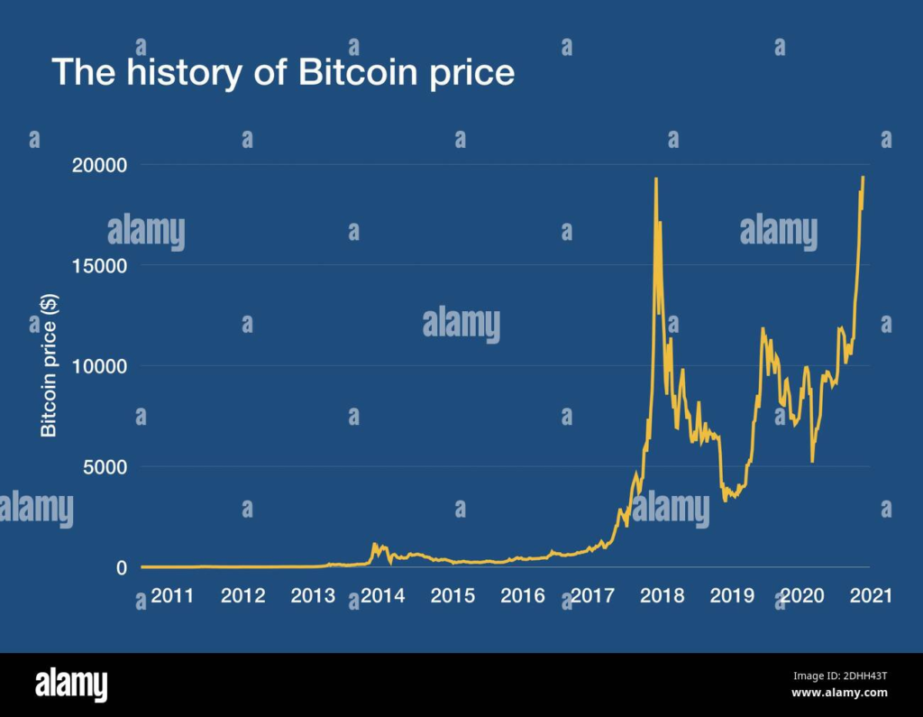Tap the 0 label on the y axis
click(x=120, y=568)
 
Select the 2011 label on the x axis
click(x=172, y=596)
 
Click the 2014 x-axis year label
click(x=382, y=596)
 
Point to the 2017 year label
click(x=592, y=596)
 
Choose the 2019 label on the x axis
click(x=732, y=596)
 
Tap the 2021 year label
click(x=872, y=596)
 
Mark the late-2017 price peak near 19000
click(x=655, y=179)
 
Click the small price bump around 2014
click(x=375, y=546)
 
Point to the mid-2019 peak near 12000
click(x=763, y=329)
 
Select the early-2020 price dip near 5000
click(x=812, y=461)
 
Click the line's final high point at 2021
click(x=863, y=178)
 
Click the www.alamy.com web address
click(x=839, y=693)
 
